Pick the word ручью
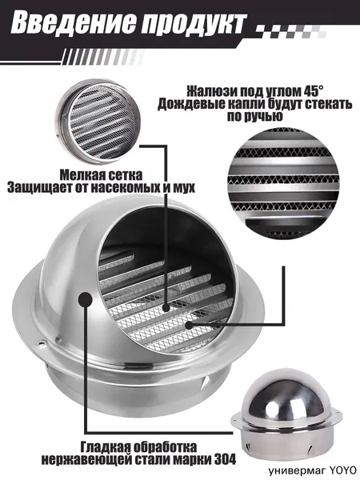click(266, 117)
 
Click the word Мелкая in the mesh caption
click(79, 175)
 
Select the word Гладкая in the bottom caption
click(103, 447)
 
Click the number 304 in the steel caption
click(225, 459)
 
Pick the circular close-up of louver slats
click(283, 184)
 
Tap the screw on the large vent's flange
click(42, 343)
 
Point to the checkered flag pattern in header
click(291, 30)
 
